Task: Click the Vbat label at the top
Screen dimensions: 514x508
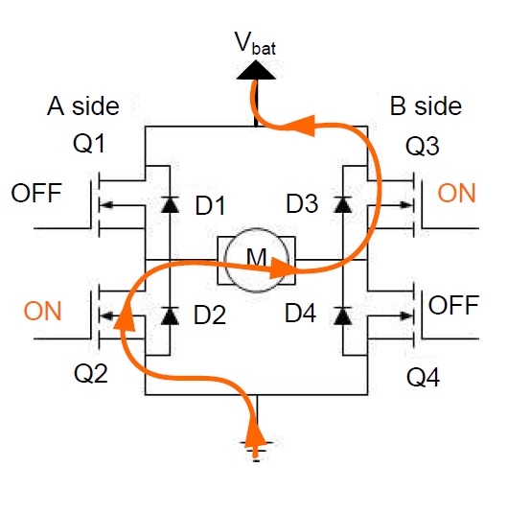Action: tap(253, 44)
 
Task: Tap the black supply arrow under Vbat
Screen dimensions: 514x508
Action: tap(253, 68)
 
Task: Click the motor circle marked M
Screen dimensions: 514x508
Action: tap(256, 261)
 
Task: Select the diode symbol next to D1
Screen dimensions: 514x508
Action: tap(170, 203)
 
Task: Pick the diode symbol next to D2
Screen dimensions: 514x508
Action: tap(170, 315)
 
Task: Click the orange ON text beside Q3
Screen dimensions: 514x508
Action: tap(457, 193)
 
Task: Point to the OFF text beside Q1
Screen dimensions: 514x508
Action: tap(36, 193)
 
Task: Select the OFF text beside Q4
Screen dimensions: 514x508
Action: tap(452, 306)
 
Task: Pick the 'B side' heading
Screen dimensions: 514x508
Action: tap(426, 105)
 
